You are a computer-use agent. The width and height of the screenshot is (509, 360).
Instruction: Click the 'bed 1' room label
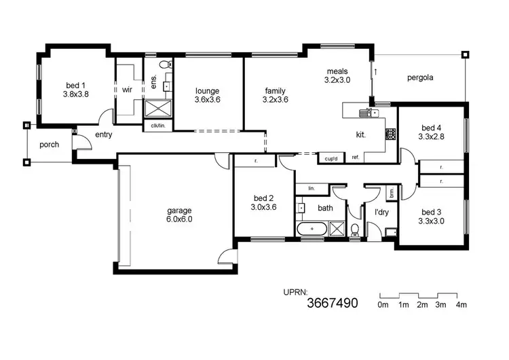click(76, 85)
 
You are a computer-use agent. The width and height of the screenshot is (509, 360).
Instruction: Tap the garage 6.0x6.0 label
click(180, 211)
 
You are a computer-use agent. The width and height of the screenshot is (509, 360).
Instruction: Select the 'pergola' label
click(420, 77)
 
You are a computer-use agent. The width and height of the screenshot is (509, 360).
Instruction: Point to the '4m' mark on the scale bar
click(461, 305)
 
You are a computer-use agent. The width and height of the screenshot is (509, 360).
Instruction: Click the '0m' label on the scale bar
click(383, 305)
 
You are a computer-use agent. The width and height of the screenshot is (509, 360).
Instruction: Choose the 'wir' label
click(127, 90)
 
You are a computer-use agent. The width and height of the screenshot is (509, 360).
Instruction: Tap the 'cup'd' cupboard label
click(331, 158)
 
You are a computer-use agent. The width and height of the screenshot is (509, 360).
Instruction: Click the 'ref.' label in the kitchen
click(355, 158)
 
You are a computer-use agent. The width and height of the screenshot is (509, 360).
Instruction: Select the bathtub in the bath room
click(312, 230)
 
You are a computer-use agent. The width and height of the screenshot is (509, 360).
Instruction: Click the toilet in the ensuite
click(164, 65)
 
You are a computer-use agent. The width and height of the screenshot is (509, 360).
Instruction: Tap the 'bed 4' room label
click(431, 128)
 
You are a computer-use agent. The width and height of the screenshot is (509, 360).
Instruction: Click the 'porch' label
click(49, 145)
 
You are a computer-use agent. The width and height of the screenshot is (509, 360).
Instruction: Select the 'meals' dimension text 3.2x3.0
click(337, 79)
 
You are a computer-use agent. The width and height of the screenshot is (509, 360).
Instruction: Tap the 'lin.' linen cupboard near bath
click(311, 188)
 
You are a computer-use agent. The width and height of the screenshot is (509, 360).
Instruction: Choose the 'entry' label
click(104, 135)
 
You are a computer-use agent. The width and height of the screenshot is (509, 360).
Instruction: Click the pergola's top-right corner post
click(465, 54)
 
